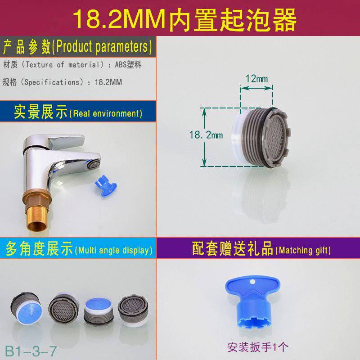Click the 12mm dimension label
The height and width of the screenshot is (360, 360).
click(256, 79)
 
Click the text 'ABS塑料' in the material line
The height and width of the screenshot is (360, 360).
click(128, 65)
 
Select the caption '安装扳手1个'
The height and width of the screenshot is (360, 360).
click(257, 347)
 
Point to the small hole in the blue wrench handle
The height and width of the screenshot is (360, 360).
click(253, 281)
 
